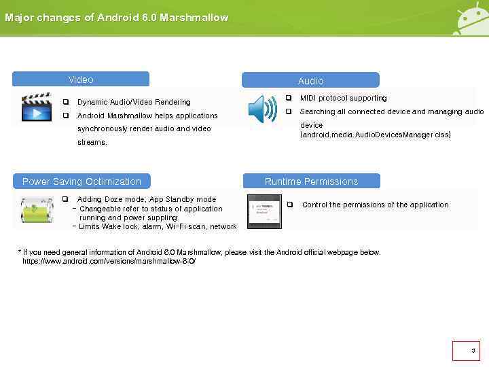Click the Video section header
tap(81, 80)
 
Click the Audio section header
tap(310, 80)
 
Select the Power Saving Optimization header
tap(81, 181)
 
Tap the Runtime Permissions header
tap(311, 181)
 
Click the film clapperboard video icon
tap(37, 107)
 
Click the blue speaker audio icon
tap(262, 109)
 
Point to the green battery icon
tap(33, 210)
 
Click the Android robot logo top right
tap(470, 20)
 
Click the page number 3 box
tap(466, 351)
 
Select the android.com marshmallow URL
tap(109, 261)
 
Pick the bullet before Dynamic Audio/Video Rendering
tap(66, 102)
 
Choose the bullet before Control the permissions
tap(289, 205)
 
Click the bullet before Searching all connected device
tap(289, 111)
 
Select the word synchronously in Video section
tap(101, 128)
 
